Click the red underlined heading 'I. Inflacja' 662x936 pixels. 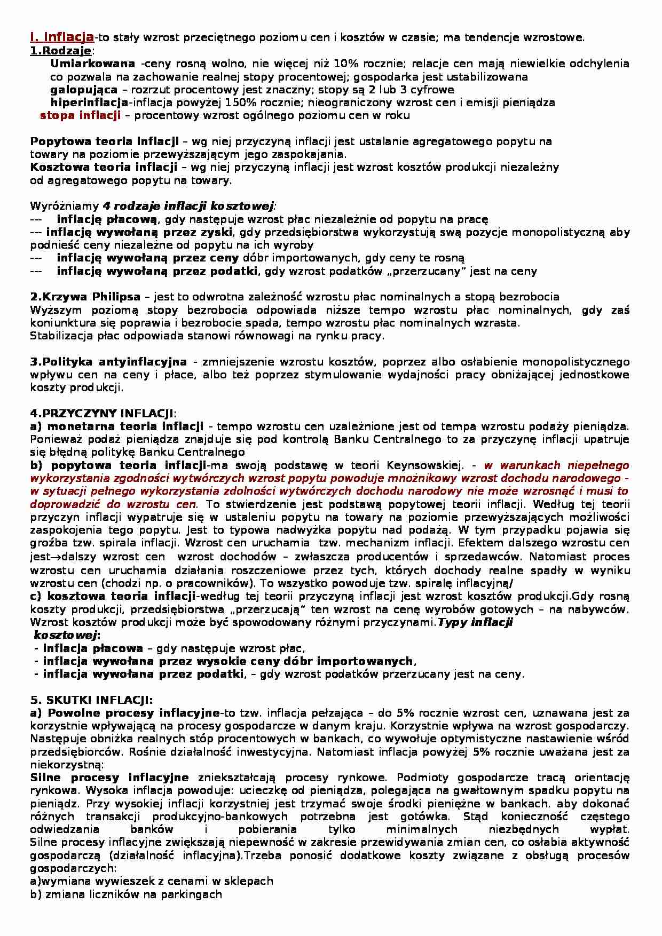(x=62, y=37)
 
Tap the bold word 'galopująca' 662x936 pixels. (x=84, y=89)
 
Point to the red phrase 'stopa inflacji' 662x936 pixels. (x=80, y=115)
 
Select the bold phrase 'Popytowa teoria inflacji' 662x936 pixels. (x=104, y=141)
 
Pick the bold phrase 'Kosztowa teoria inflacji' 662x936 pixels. (x=104, y=167)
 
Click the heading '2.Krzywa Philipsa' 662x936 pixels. (x=85, y=297)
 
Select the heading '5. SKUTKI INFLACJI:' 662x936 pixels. (x=91, y=700)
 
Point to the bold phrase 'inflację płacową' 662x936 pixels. (x=107, y=219)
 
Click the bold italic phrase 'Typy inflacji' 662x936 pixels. (x=475, y=622)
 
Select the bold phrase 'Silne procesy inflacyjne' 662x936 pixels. (x=109, y=778)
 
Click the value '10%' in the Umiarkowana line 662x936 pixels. (x=343, y=64)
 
